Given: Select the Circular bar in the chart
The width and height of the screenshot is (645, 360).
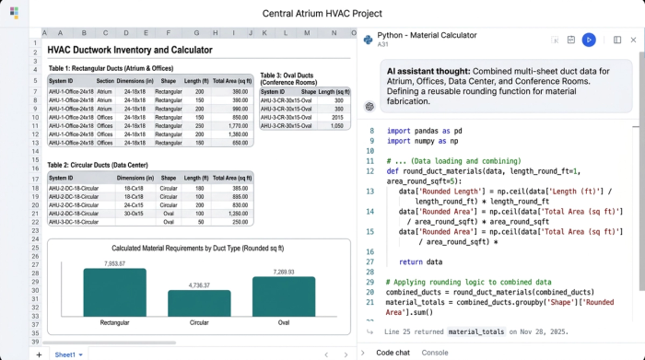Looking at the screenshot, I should click(x=199, y=303).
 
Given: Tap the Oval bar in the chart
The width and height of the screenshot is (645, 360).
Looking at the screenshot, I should click(x=284, y=297).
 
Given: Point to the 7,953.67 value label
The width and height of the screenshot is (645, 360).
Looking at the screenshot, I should click(x=115, y=264).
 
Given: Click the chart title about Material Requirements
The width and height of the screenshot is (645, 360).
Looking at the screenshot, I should click(x=197, y=248).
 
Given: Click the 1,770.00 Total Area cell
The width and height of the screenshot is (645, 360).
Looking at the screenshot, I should click(x=235, y=126).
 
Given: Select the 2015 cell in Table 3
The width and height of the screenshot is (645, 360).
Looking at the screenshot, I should click(x=336, y=118).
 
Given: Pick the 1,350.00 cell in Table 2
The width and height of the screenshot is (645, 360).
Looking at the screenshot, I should click(x=235, y=213).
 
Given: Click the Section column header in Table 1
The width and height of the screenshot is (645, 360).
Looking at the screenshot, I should click(x=105, y=81).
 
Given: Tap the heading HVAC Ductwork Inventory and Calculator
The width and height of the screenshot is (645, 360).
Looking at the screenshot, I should click(x=130, y=50).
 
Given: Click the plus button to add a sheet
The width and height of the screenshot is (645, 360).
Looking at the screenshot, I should click(x=39, y=354).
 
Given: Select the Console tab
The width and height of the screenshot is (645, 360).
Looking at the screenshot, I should click(x=435, y=352).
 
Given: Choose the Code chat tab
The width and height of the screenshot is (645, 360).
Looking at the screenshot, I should click(x=393, y=352).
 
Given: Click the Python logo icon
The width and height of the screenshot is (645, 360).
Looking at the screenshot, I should click(x=369, y=40).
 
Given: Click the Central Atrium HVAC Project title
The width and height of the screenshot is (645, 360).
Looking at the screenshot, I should click(x=322, y=13).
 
